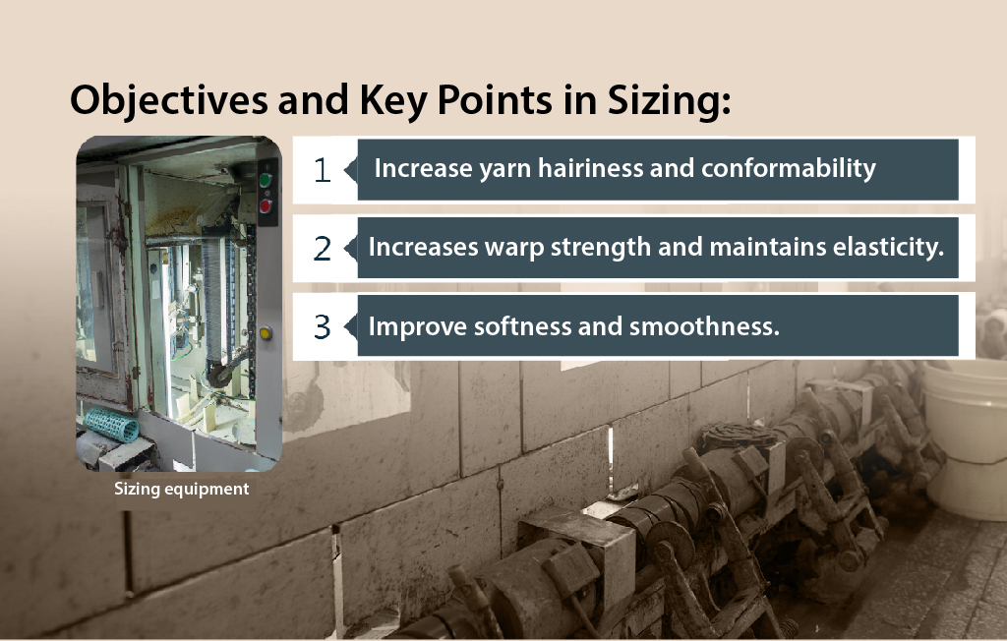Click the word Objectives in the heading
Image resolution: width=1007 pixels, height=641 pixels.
click(x=168, y=101)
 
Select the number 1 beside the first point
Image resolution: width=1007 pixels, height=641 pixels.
click(x=322, y=170)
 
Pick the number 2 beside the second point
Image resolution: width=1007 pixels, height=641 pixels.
click(x=322, y=249)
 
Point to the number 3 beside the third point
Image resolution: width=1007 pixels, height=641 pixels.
click(x=322, y=327)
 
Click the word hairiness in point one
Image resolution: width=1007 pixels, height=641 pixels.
click(x=590, y=168)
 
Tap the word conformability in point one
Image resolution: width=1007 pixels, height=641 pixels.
click(x=788, y=169)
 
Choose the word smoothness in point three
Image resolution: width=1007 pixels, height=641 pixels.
click(x=704, y=326)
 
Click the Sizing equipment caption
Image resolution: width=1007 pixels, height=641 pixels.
click(x=182, y=489)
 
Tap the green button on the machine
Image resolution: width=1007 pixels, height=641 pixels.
click(x=265, y=181)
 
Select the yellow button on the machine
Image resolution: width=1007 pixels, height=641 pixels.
click(x=266, y=332)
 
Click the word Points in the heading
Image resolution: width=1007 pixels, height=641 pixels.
click(x=495, y=101)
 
